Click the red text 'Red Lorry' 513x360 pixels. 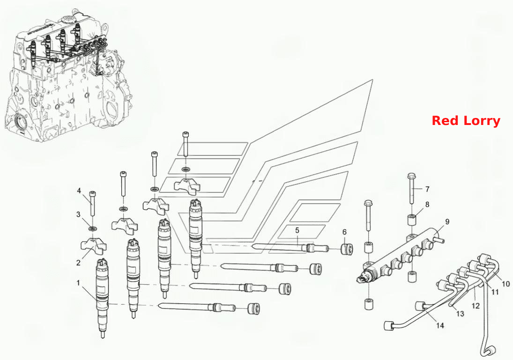(466, 121)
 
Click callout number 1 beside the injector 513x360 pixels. (78, 283)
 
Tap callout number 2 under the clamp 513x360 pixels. (78, 263)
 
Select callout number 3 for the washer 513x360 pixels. (78, 214)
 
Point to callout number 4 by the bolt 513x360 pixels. (79, 191)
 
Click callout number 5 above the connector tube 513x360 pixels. (297, 230)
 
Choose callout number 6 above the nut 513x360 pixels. (344, 232)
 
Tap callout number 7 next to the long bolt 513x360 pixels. (427, 189)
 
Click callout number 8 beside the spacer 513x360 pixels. (427, 205)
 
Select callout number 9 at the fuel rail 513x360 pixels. (447, 222)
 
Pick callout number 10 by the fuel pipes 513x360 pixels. (506, 284)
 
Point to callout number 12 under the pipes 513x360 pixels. (476, 306)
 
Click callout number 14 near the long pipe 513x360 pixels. (440, 325)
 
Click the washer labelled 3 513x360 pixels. (93, 228)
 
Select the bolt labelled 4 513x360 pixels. (93, 203)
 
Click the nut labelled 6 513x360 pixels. (348, 249)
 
